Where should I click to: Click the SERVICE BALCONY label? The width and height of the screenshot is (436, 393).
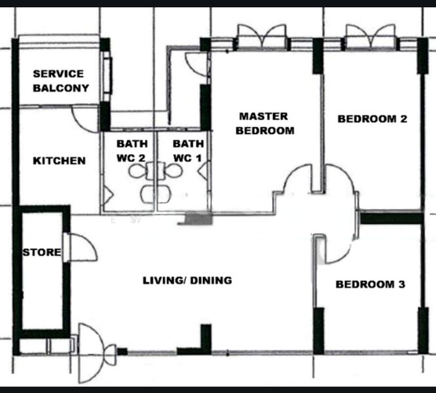[61, 81]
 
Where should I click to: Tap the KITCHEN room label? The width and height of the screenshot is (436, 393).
[59, 160]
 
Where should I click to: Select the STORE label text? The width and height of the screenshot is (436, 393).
[42, 252]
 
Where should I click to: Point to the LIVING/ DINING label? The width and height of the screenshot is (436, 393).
[187, 280]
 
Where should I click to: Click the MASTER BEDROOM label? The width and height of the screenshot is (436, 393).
[264, 123]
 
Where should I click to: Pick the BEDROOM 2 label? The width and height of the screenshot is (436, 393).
[372, 119]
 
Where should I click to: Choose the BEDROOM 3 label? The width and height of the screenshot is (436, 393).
[371, 284]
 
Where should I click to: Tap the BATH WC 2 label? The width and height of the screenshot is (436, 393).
[132, 151]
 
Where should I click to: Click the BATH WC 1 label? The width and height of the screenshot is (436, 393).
[189, 151]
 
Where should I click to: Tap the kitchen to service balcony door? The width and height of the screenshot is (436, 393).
[85, 118]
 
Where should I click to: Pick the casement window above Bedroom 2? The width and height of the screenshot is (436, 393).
[371, 37]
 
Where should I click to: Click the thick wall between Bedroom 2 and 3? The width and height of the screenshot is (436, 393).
[391, 218]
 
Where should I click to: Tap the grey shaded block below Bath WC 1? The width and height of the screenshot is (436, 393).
[198, 218]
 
